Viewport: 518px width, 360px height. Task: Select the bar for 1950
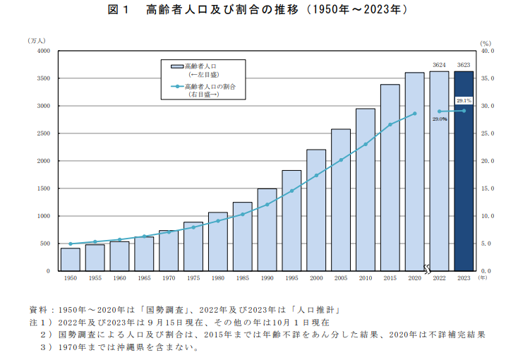[x=70, y=259]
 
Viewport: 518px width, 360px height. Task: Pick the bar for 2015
[x=390, y=177]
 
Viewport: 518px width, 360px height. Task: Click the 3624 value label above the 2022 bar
[x=439, y=64]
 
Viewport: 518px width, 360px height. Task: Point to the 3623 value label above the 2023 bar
[x=464, y=64]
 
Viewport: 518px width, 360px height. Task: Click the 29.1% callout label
[x=464, y=100]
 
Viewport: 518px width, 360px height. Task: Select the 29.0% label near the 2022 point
[x=440, y=119]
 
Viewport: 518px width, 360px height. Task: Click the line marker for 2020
[x=415, y=113]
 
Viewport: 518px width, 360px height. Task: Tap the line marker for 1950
[x=70, y=244]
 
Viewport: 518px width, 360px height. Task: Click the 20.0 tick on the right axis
[x=488, y=161]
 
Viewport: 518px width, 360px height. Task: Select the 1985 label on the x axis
[x=242, y=279]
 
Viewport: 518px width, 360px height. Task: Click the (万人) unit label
[x=37, y=42]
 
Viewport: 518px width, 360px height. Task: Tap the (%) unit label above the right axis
[x=484, y=43]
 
